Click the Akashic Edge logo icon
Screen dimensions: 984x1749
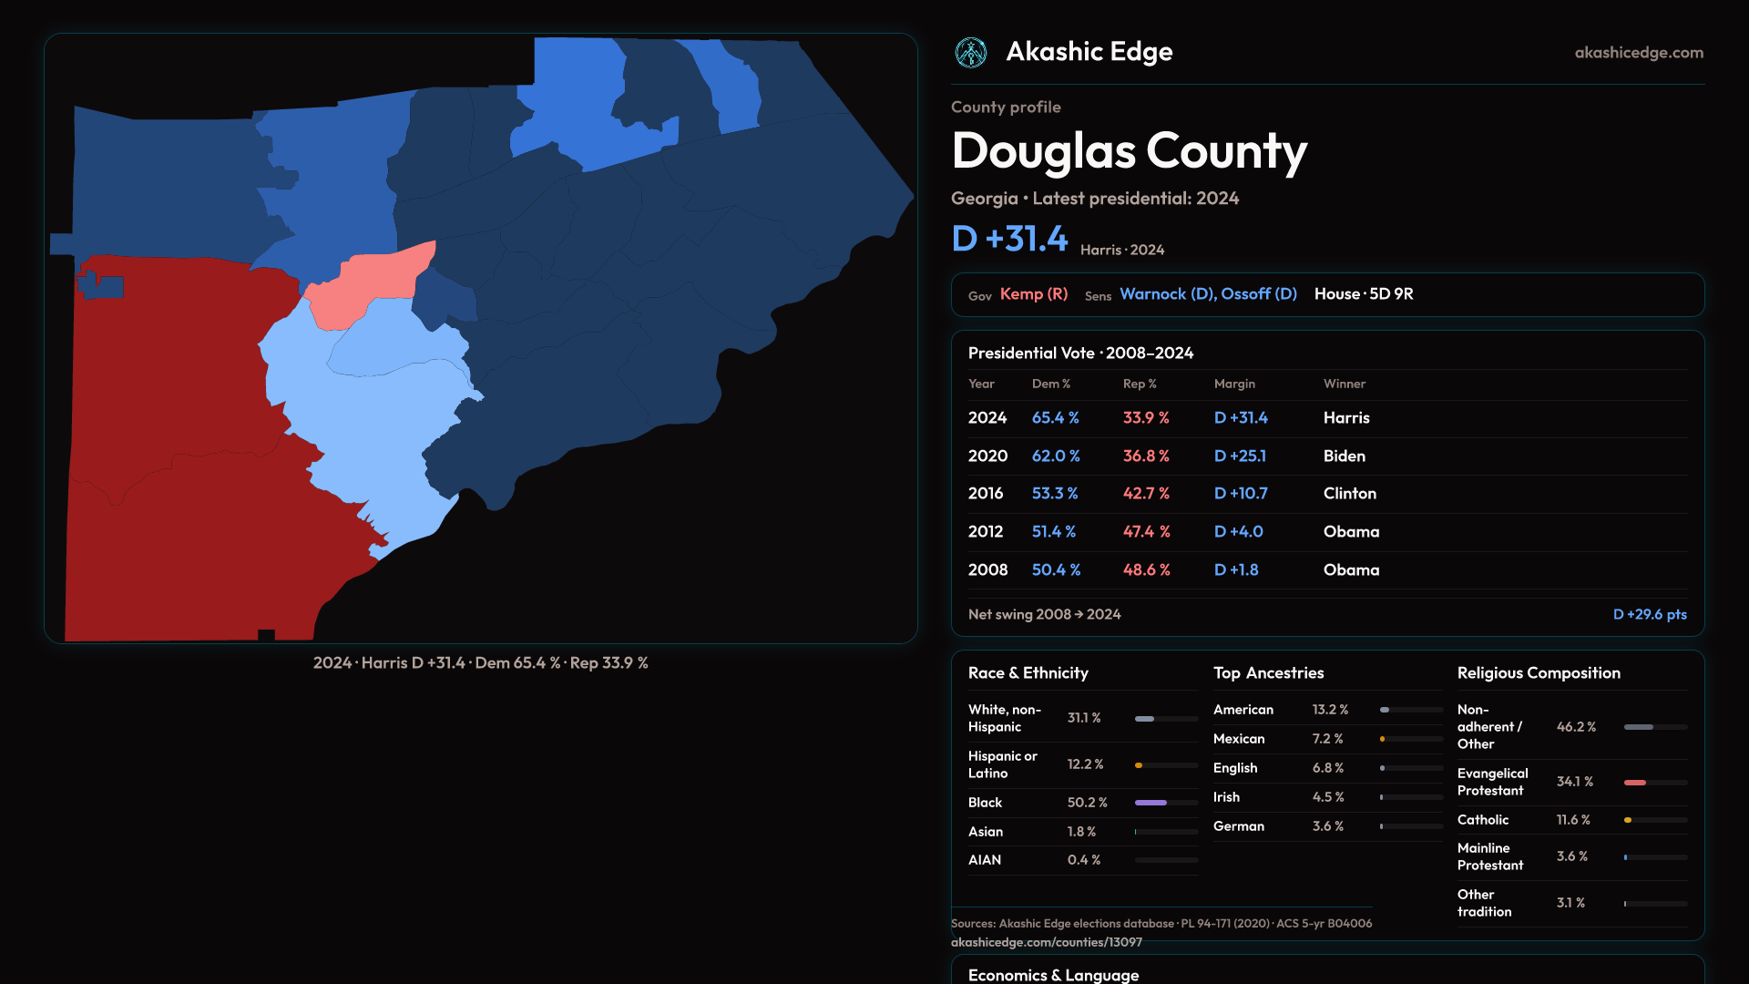tap(971, 53)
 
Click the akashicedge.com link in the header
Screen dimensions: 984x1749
tap(1639, 53)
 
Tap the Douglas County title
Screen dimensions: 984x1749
tap(1129, 151)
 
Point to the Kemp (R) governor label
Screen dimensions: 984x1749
tap(1034, 294)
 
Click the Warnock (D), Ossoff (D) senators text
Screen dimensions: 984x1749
tap(1208, 294)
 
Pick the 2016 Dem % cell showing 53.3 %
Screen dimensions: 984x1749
tap(1055, 494)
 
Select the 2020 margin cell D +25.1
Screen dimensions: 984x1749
tap(1240, 456)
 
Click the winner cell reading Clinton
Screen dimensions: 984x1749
tap(1350, 494)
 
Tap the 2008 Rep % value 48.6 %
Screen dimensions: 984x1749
tap(1146, 570)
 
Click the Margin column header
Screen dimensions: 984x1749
tap(1234, 384)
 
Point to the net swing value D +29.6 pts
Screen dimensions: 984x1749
tap(1650, 615)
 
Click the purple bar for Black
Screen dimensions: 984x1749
tap(1151, 803)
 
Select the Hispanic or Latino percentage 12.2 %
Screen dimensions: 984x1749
tap(1085, 764)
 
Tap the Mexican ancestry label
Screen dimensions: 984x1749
tap(1239, 739)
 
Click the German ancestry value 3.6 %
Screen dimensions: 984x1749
tap(1328, 826)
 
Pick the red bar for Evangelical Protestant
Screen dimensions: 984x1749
tap(1635, 783)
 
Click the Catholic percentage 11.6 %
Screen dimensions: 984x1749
tap(1573, 820)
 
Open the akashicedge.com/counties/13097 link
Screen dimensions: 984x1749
tap(1047, 942)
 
